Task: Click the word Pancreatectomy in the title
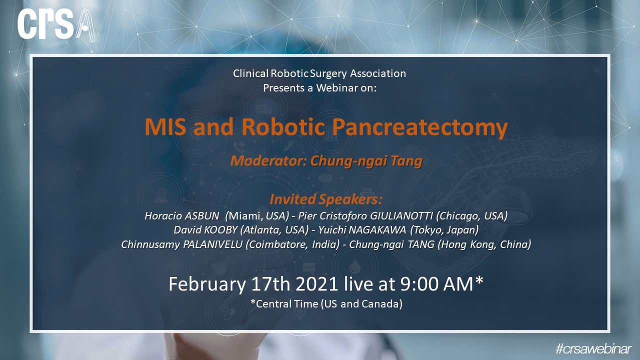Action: tap(420, 127)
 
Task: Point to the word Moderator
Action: tap(267, 161)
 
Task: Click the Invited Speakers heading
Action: tap(326, 199)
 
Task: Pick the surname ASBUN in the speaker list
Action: tap(202, 216)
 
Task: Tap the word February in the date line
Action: tap(207, 284)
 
